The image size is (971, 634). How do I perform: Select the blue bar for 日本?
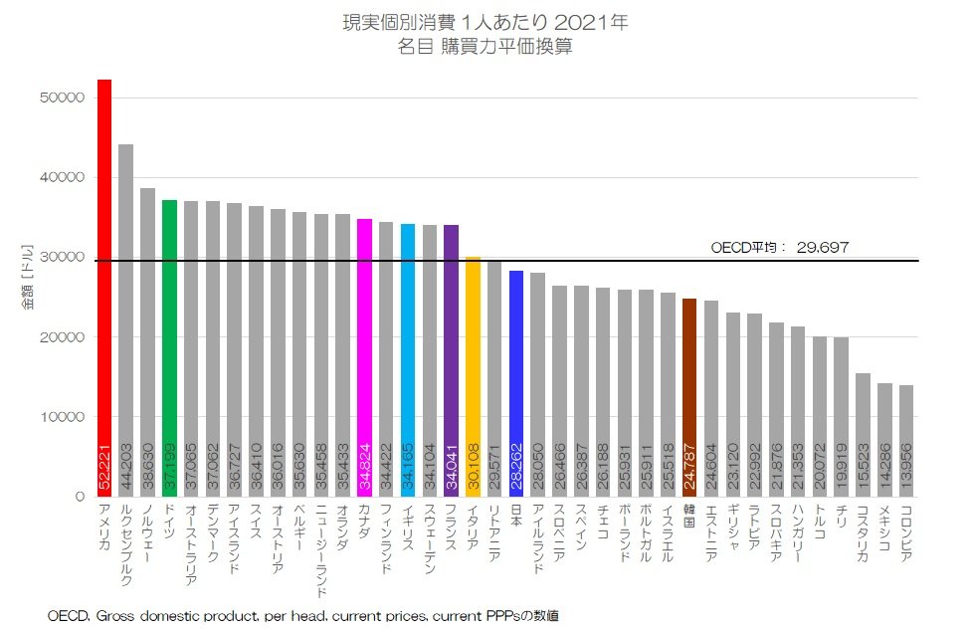(516, 378)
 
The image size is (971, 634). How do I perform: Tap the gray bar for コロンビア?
(906, 438)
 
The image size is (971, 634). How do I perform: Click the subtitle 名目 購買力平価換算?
(485, 45)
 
